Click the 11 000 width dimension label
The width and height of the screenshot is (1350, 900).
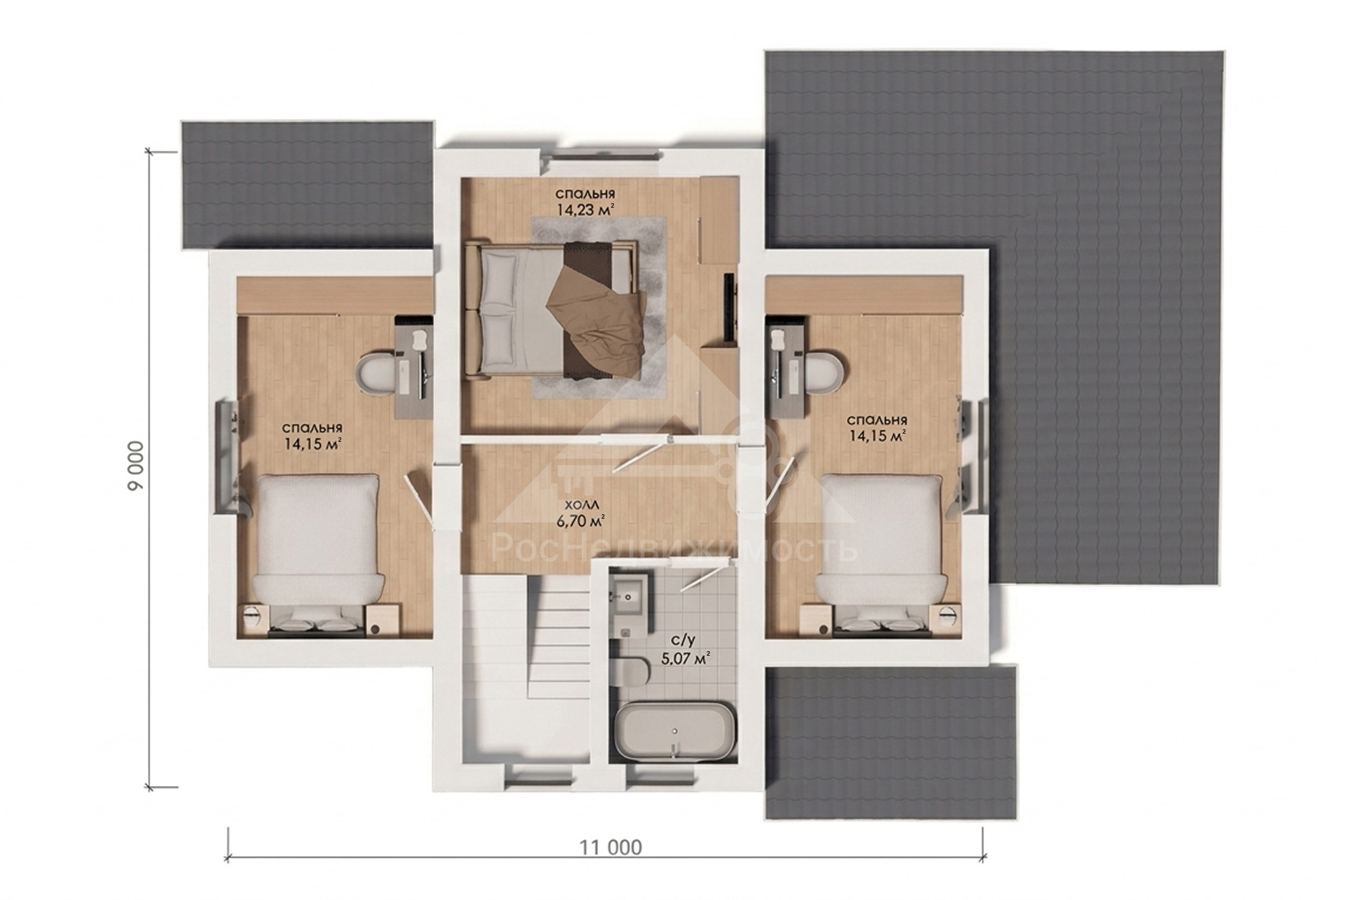[x=610, y=847]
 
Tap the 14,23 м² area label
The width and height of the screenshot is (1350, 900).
[x=585, y=209]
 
